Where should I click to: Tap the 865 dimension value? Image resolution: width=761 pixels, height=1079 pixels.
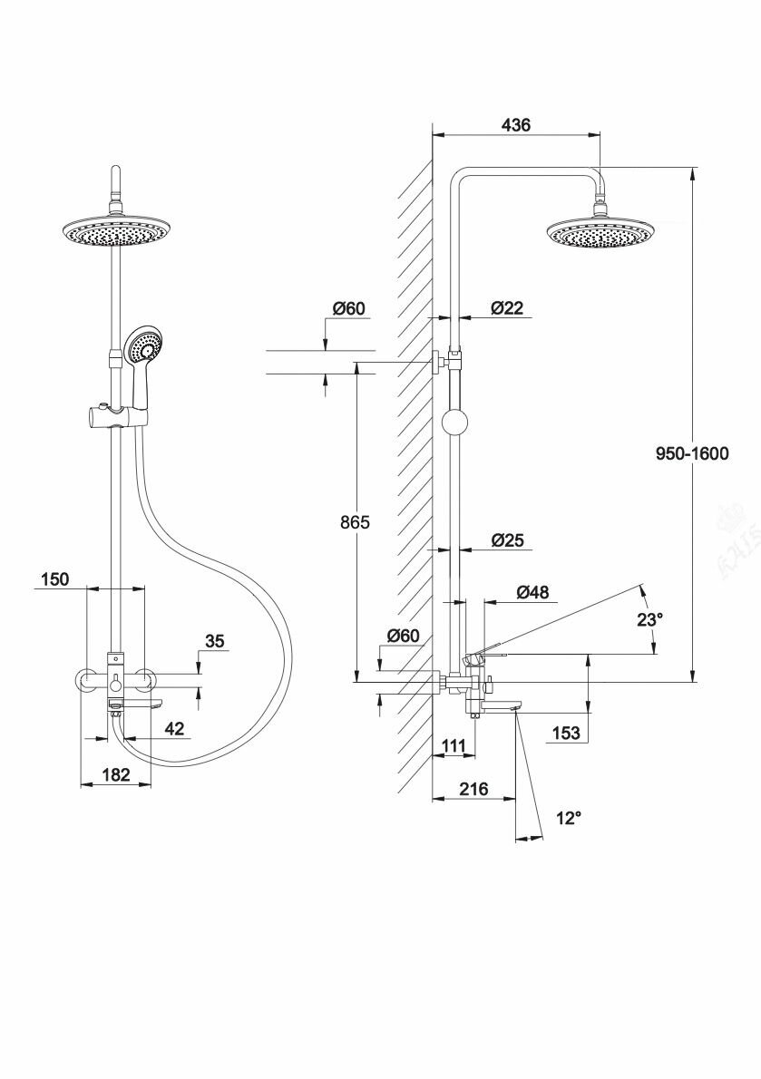click(355, 522)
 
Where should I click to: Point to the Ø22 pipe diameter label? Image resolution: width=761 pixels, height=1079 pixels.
click(507, 308)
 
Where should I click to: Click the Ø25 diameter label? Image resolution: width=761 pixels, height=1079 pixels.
click(507, 540)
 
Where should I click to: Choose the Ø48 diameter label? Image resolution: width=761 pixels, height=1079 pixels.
click(532, 592)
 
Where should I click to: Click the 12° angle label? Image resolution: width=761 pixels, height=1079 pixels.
click(568, 818)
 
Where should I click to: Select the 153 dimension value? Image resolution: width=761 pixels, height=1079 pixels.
click(565, 733)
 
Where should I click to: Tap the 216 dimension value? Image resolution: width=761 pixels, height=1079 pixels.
click(473, 789)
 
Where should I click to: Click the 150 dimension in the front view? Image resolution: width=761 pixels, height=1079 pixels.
click(54, 579)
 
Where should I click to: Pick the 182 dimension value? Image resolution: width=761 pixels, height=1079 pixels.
click(115, 774)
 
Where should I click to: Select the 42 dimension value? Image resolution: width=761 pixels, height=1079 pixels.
click(175, 728)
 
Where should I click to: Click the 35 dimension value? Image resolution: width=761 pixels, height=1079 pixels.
click(214, 641)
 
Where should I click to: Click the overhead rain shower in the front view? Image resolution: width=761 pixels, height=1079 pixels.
click(116, 232)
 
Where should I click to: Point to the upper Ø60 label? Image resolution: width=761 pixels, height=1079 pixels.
click(348, 309)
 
